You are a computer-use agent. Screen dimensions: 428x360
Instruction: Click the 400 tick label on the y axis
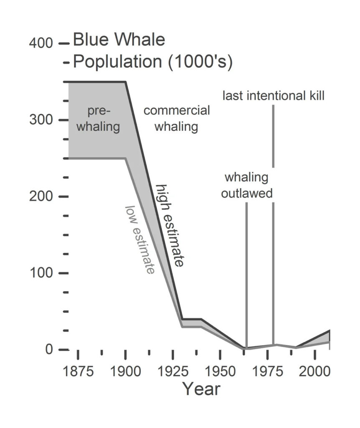(41, 43)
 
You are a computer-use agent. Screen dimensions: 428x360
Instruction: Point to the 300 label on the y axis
(41, 120)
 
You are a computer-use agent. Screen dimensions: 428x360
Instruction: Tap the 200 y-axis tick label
(41, 196)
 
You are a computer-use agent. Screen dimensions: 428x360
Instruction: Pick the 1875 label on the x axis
(78, 371)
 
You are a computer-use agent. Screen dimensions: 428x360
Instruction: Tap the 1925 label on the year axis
(172, 371)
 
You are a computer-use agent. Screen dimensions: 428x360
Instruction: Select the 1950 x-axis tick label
(220, 371)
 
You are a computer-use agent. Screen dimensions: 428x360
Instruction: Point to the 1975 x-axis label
(267, 371)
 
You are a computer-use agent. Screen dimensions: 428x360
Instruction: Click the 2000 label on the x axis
(314, 371)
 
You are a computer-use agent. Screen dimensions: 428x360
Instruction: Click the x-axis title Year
(201, 389)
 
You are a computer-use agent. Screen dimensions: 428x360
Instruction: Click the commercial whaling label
(177, 118)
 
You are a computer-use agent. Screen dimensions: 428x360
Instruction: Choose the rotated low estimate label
(140, 239)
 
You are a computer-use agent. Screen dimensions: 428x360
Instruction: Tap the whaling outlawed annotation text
(247, 185)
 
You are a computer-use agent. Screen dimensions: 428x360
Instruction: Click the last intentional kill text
(273, 96)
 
